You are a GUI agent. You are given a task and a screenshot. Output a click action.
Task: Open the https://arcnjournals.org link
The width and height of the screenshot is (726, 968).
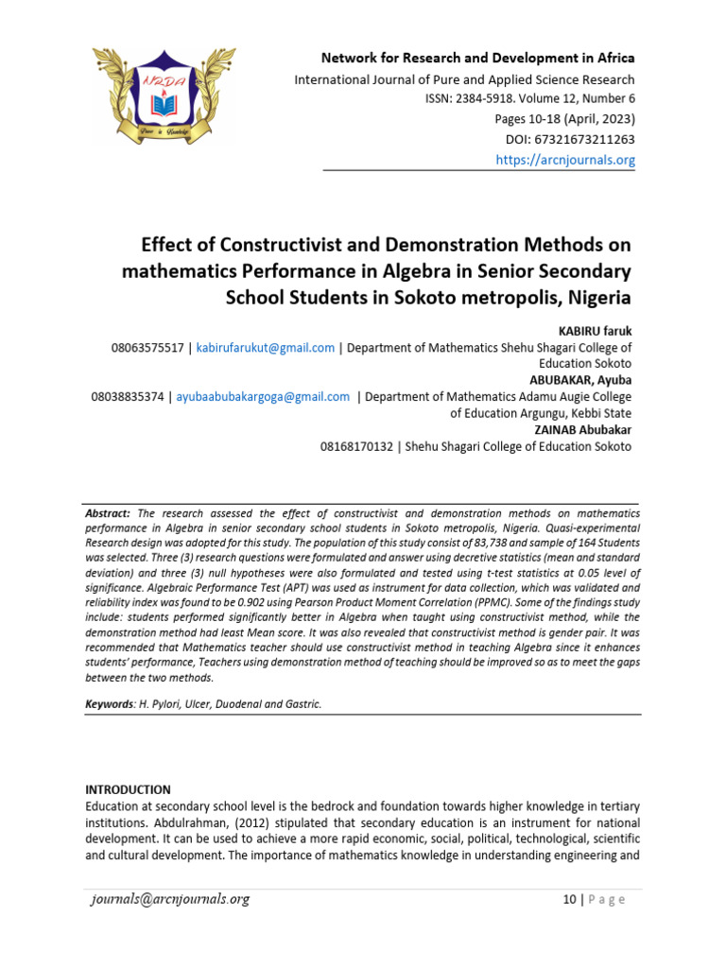pos(565,160)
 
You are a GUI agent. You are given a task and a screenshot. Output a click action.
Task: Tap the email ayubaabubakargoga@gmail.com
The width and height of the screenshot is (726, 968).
pos(261,397)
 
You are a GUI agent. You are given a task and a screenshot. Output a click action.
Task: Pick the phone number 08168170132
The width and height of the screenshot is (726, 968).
pos(358,446)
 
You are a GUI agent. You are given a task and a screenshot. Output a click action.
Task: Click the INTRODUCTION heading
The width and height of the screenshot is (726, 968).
pos(128,789)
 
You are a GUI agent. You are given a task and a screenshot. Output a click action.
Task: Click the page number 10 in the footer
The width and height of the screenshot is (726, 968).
pos(568,900)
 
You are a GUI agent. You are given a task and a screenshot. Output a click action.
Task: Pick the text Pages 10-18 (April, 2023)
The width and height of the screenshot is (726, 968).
pos(564,119)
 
